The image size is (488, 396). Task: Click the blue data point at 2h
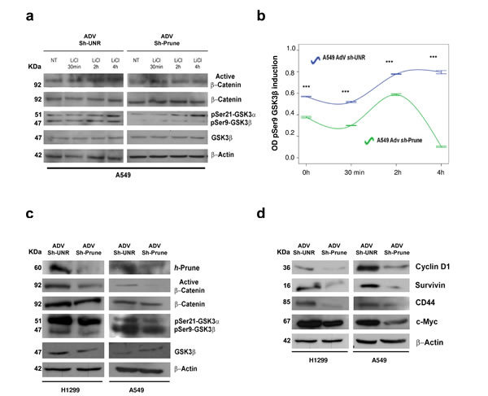pyautogui.click(x=396, y=74)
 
